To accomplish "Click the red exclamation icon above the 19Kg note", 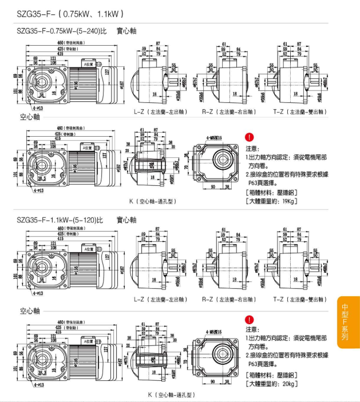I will (249, 137).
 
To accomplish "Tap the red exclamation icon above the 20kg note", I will (249, 320).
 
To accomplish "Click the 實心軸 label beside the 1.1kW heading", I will (126, 220).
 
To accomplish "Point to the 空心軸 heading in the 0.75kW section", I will (30, 118).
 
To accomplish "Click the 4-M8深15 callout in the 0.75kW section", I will (216, 138).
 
